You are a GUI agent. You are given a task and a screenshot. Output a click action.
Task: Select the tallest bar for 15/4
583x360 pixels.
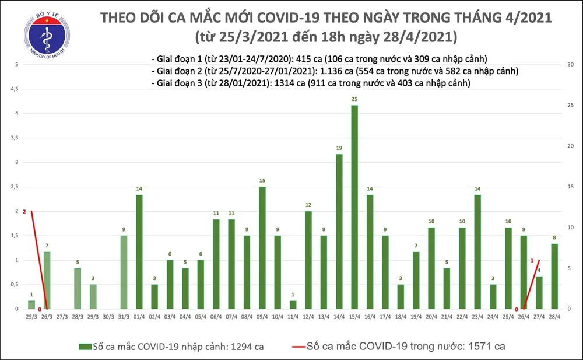pos(354,207)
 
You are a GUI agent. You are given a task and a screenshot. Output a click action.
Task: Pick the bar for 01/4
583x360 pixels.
pos(139,251)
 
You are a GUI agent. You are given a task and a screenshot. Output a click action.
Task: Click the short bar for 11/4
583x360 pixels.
pos(293,305)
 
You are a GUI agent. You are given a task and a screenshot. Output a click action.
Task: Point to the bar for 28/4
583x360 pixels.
pos(554,276)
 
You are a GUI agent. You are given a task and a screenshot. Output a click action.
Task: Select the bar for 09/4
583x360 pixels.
pos(262,247)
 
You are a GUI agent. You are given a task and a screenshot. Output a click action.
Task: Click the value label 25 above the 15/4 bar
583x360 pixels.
pos(354,99)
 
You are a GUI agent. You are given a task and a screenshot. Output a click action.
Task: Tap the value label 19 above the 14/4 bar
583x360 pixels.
pos(339,148)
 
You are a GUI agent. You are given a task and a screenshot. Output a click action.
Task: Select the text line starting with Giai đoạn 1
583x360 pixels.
pos(318,59)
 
